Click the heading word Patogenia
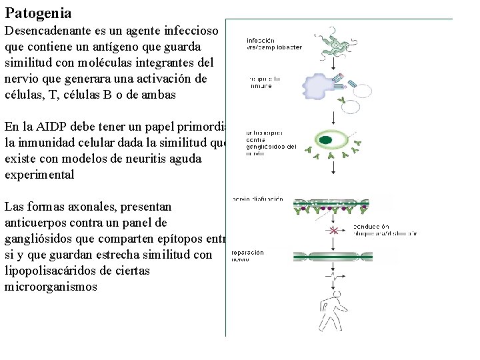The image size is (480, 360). pos(38,13)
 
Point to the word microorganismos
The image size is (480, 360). pos(51,287)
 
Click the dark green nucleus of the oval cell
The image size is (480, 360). pos(326,140)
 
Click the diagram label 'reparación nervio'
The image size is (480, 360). pos(248,256)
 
